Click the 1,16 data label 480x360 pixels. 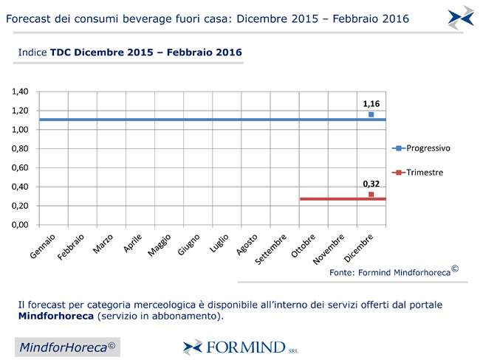[x=371, y=104]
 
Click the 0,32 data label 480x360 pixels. [x=371, y=184]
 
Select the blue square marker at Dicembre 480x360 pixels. [x=371, y=114]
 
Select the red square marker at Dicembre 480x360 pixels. [x=371, y=195]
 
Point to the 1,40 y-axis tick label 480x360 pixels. [x=20, y=91]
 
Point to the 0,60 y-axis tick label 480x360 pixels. [x=20, y=167]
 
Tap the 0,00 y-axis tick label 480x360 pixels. [x=20, y=224]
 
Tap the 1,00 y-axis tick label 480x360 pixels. [x=20, y=130]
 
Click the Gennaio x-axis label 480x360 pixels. [x=44, y=246]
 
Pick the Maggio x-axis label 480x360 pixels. [x=160, y=246]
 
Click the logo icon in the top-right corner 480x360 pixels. [x=461, y=17]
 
